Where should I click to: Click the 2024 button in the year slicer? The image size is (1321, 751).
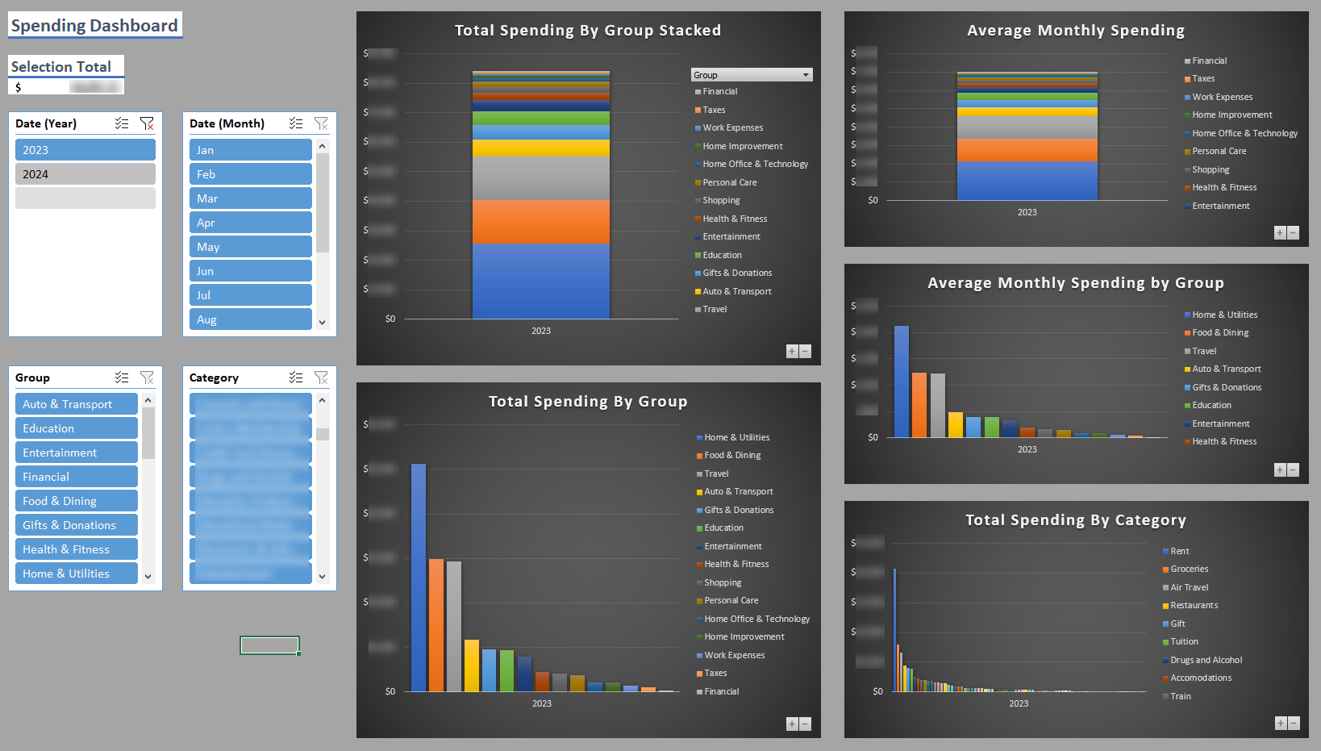tap(85, 174)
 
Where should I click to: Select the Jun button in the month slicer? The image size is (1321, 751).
tap(250, 271)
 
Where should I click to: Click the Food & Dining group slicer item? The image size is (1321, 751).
tap(76, 501)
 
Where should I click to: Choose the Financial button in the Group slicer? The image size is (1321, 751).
tap(76, 477)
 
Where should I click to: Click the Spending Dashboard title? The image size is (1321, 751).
tap(94, 25)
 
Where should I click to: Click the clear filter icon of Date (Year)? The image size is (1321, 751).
tap(147, 123)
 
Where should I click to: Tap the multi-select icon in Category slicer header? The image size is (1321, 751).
tap(296, 378)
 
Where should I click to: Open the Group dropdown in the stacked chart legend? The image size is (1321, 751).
tap(805, 75)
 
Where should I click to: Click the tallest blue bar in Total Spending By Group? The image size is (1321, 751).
tap(419, 577)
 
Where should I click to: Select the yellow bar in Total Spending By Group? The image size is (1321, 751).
tap(472, 665)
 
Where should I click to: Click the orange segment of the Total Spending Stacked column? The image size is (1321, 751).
tap(540, 221)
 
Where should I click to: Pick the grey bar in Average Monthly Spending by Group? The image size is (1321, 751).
tap(937, 405)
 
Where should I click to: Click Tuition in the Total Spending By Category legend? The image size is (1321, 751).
tap(1184, 642)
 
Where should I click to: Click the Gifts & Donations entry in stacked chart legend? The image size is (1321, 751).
tap(736, 273)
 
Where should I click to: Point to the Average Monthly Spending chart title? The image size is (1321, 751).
tap(1075, 31)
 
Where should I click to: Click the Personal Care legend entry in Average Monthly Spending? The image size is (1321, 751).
tap(1219, 152)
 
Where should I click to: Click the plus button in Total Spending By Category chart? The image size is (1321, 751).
tap(1280, 723)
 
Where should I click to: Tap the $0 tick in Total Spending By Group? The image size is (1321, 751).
tap(390, 691)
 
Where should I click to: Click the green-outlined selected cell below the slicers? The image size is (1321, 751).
tap(269, 645)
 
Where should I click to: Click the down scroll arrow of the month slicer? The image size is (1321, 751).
tap(322, 322)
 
